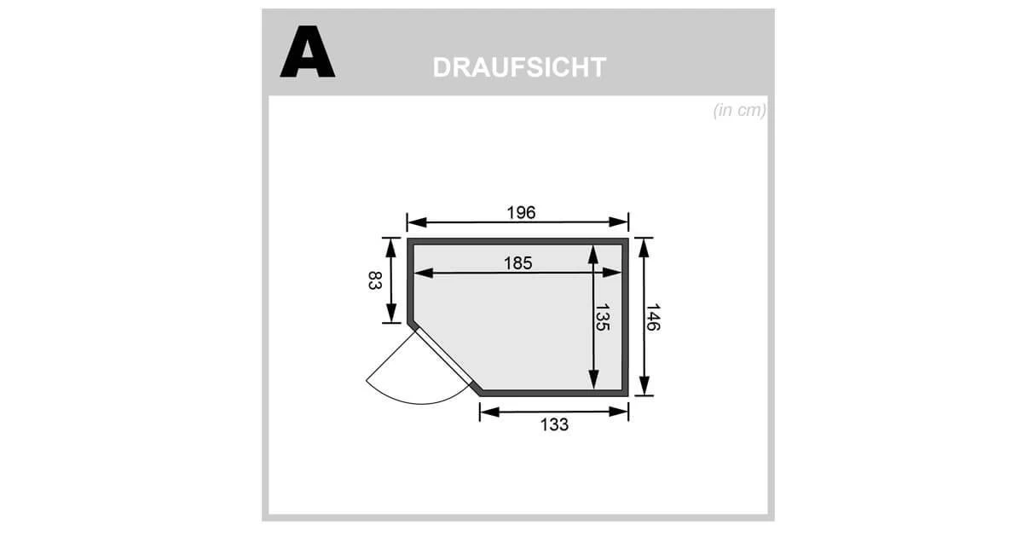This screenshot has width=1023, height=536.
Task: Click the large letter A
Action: [x=308, y=52]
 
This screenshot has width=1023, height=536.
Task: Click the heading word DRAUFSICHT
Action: [x=519, y=67]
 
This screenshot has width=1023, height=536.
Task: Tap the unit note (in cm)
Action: [x=739, y=111]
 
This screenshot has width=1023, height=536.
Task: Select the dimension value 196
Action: [x=521, y=212]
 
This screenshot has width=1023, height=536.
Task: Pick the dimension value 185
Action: [x=518, y=263]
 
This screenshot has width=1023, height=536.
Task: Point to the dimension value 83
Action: [x=374, y=280]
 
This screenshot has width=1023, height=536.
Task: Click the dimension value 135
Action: [x=603, y=318]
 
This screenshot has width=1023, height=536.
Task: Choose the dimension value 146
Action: [x=653, y=317]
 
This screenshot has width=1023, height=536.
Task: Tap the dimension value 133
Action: [x=554, y=424]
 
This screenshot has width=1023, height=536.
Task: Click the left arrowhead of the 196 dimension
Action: [x=417, y=222]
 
